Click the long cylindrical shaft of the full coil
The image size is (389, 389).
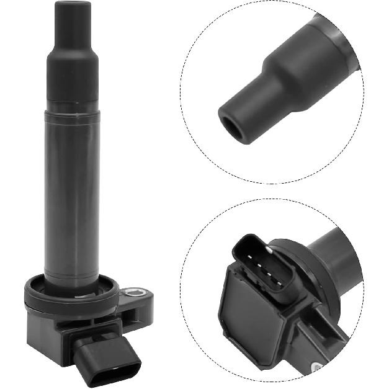[73, 192]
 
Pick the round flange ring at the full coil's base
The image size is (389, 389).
[71, 296]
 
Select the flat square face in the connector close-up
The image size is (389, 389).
[248, 316]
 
